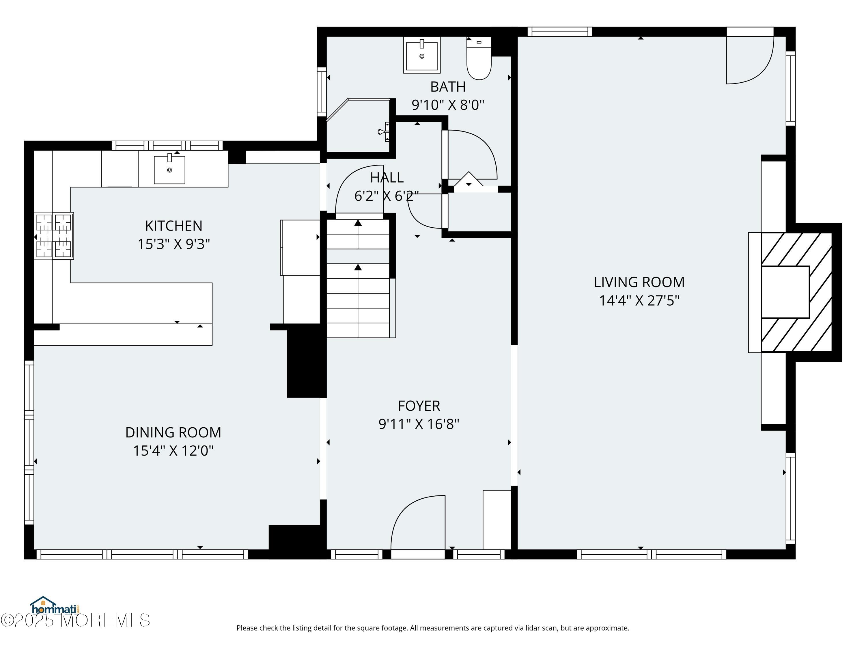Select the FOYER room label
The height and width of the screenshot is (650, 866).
(x=419, y=406)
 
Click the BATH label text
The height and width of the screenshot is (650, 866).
(x=448, y=87)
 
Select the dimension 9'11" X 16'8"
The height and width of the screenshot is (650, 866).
(x=419, y=424)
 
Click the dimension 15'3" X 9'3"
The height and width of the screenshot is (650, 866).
(x=173, y=244)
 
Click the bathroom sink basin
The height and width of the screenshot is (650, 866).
(x=422, y=55)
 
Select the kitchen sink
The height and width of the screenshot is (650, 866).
(x=169, y=169)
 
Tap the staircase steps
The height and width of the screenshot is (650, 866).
(x=358, y=278)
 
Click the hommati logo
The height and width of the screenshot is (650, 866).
(x=55, y=606)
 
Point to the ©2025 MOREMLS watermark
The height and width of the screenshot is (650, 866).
(x=75, y=620)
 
